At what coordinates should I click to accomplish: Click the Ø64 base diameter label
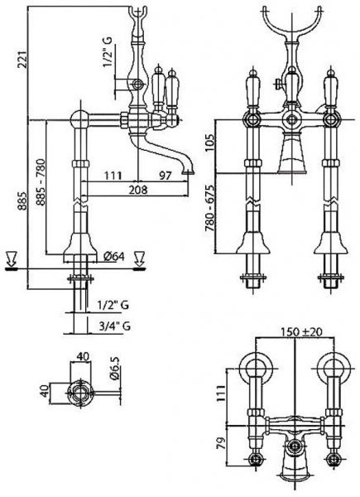116,257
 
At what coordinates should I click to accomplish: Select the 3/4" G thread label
113,326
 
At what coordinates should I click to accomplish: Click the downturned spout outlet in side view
190,169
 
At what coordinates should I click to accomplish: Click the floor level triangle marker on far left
10,257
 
